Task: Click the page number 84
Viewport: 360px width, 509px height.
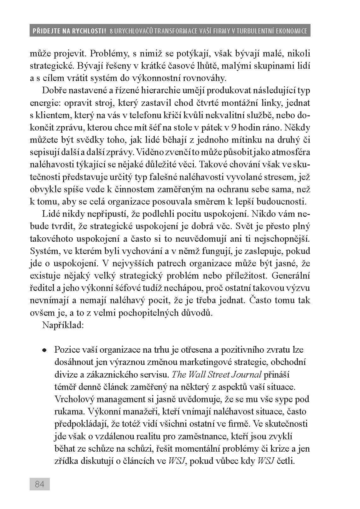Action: tap(40, 484)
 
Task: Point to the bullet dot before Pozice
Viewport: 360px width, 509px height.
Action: tap(45, 350)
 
